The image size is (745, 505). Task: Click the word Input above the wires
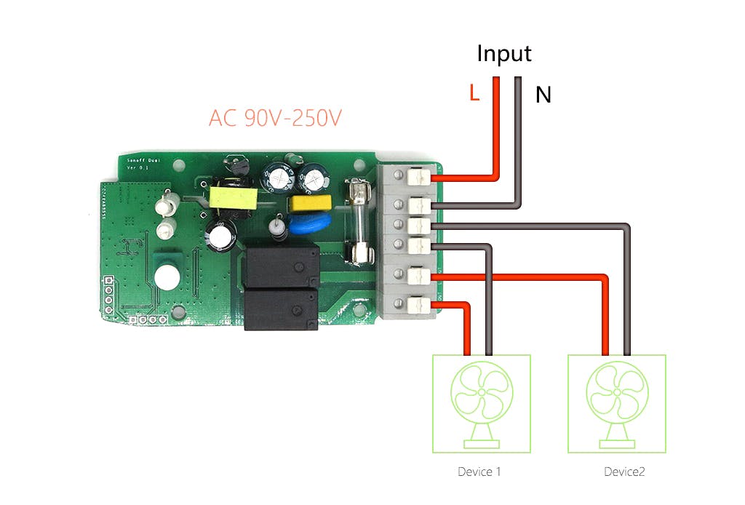coord(503,54)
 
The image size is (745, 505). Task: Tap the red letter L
coord(474,94)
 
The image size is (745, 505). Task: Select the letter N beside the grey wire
coord(543,95)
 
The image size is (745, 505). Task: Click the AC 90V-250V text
coord(274,118)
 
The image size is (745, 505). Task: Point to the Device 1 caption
coord(479,472)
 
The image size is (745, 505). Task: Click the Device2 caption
coord(624,472)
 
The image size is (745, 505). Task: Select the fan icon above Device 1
coord(481,400)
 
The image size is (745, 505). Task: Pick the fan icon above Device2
coord(616,400)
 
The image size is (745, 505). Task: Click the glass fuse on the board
coord(359,221)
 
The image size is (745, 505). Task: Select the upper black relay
coord(281,266)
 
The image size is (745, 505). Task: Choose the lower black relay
coord(280,309)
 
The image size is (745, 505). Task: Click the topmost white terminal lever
coord(417,176)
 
